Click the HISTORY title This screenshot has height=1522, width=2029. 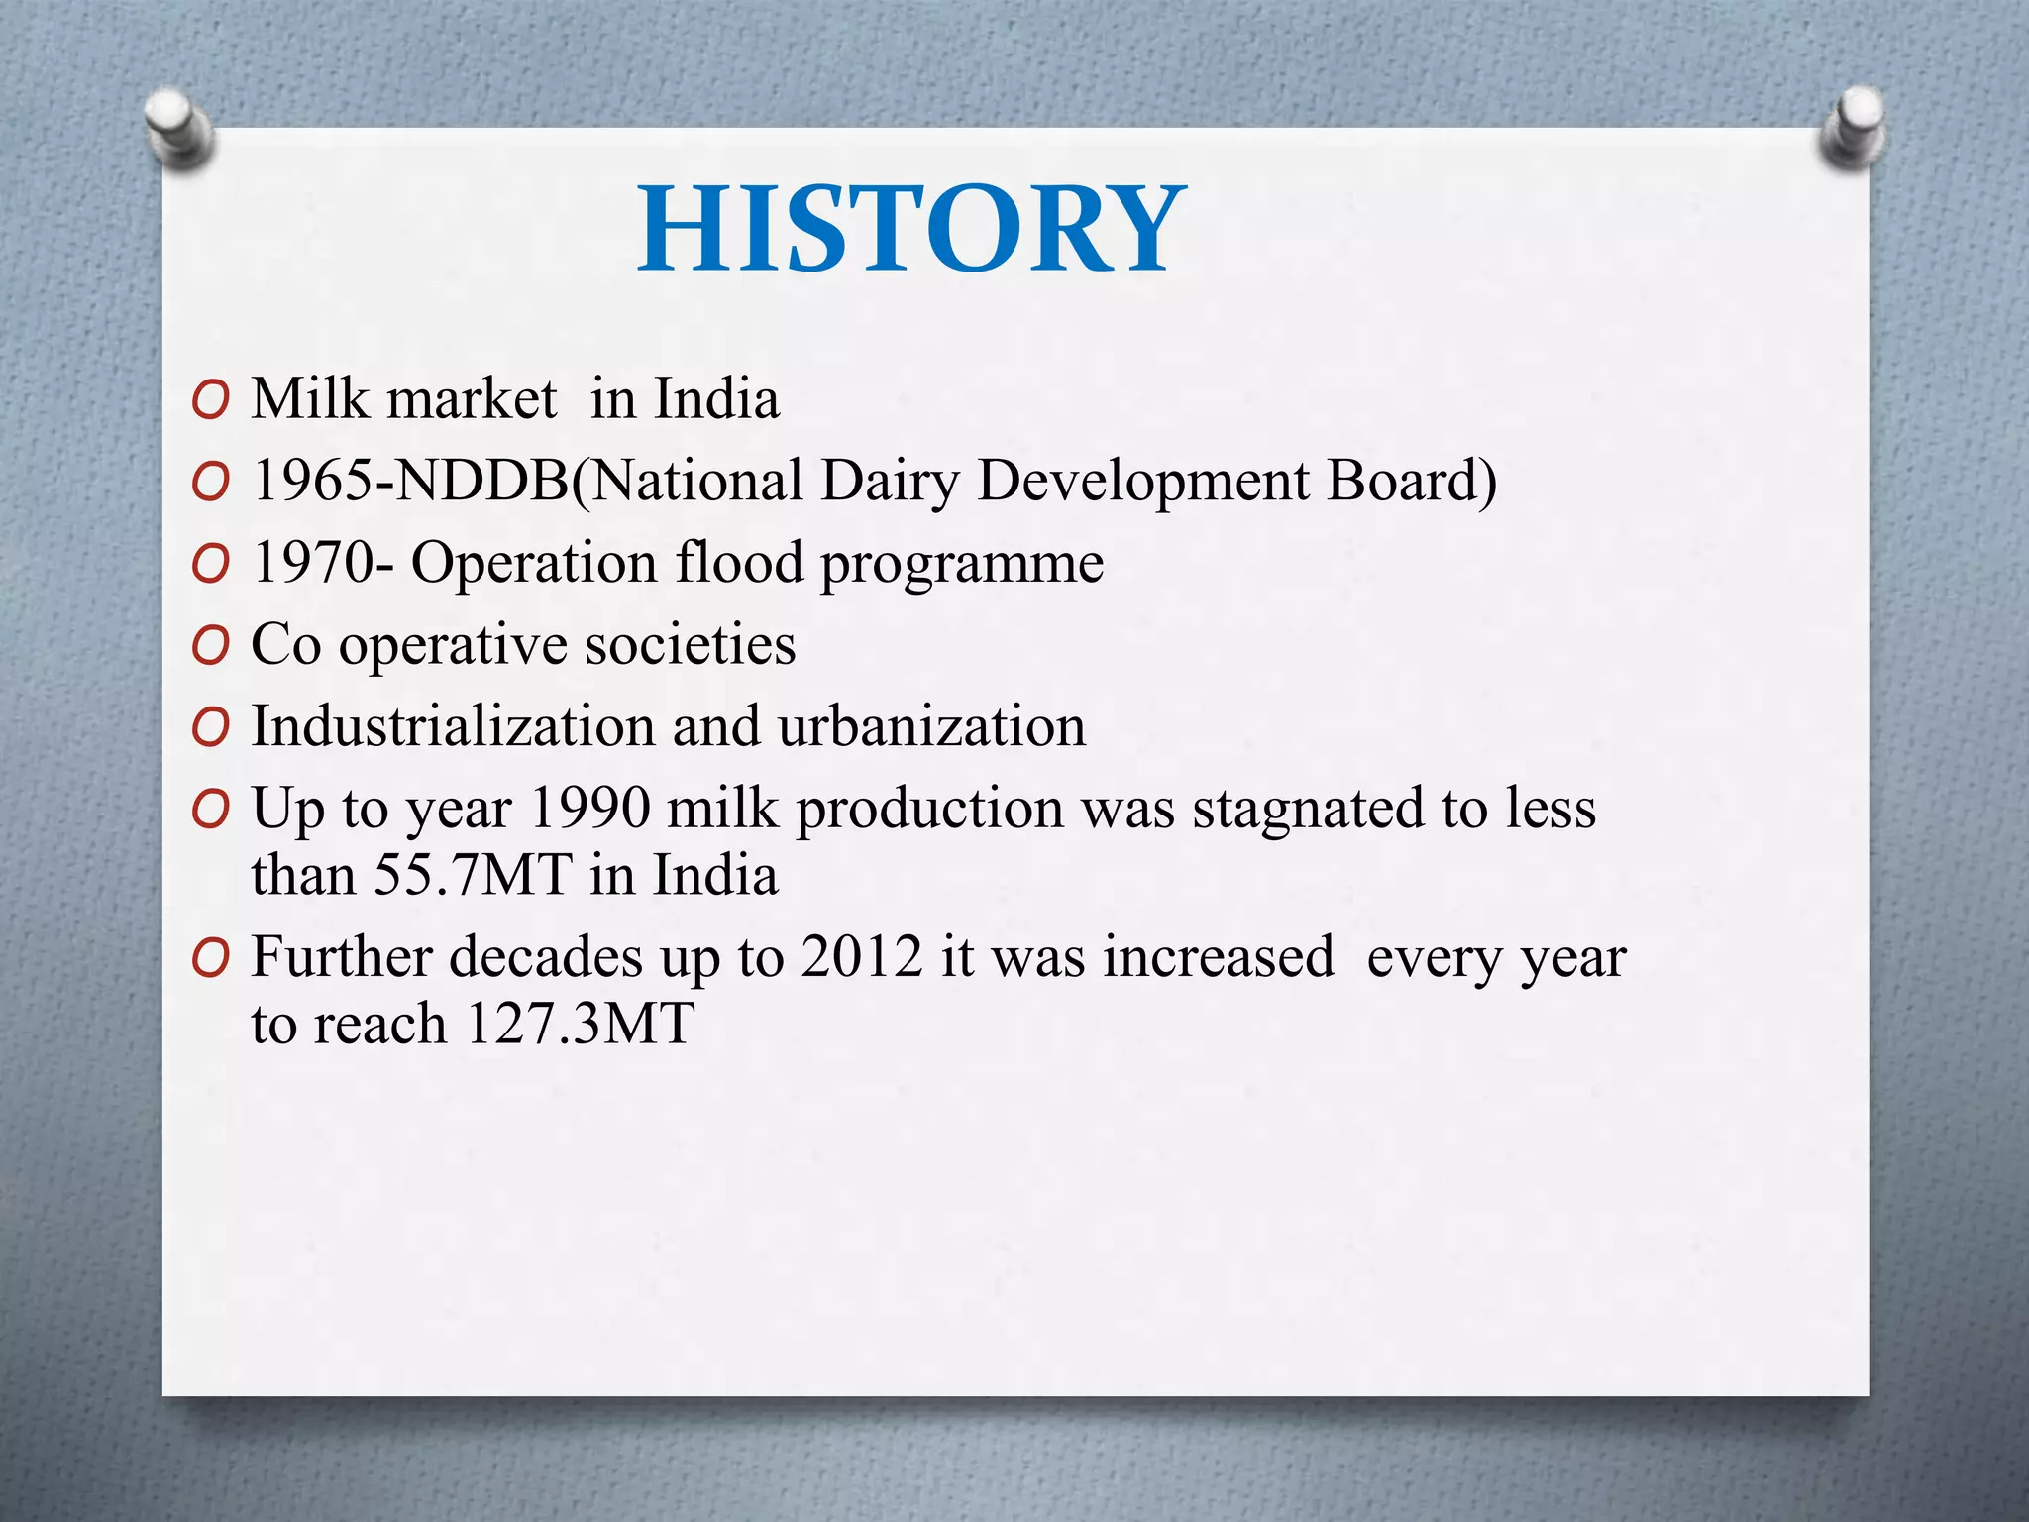point(911,230)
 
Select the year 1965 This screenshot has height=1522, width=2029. point(314,482)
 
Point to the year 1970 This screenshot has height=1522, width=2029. point(314,564)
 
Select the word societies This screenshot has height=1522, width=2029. point(690,645)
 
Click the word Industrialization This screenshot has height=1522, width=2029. point(453,726)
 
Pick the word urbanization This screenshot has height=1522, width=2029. point(931,726)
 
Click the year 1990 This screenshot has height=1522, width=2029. point(590,809)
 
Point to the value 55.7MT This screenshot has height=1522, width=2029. point(474,876)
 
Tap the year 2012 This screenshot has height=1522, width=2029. point(861,958)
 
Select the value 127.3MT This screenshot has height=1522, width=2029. point(580,1025)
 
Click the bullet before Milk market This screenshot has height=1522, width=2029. point(211,400)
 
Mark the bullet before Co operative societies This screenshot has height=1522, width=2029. point(211,646)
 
